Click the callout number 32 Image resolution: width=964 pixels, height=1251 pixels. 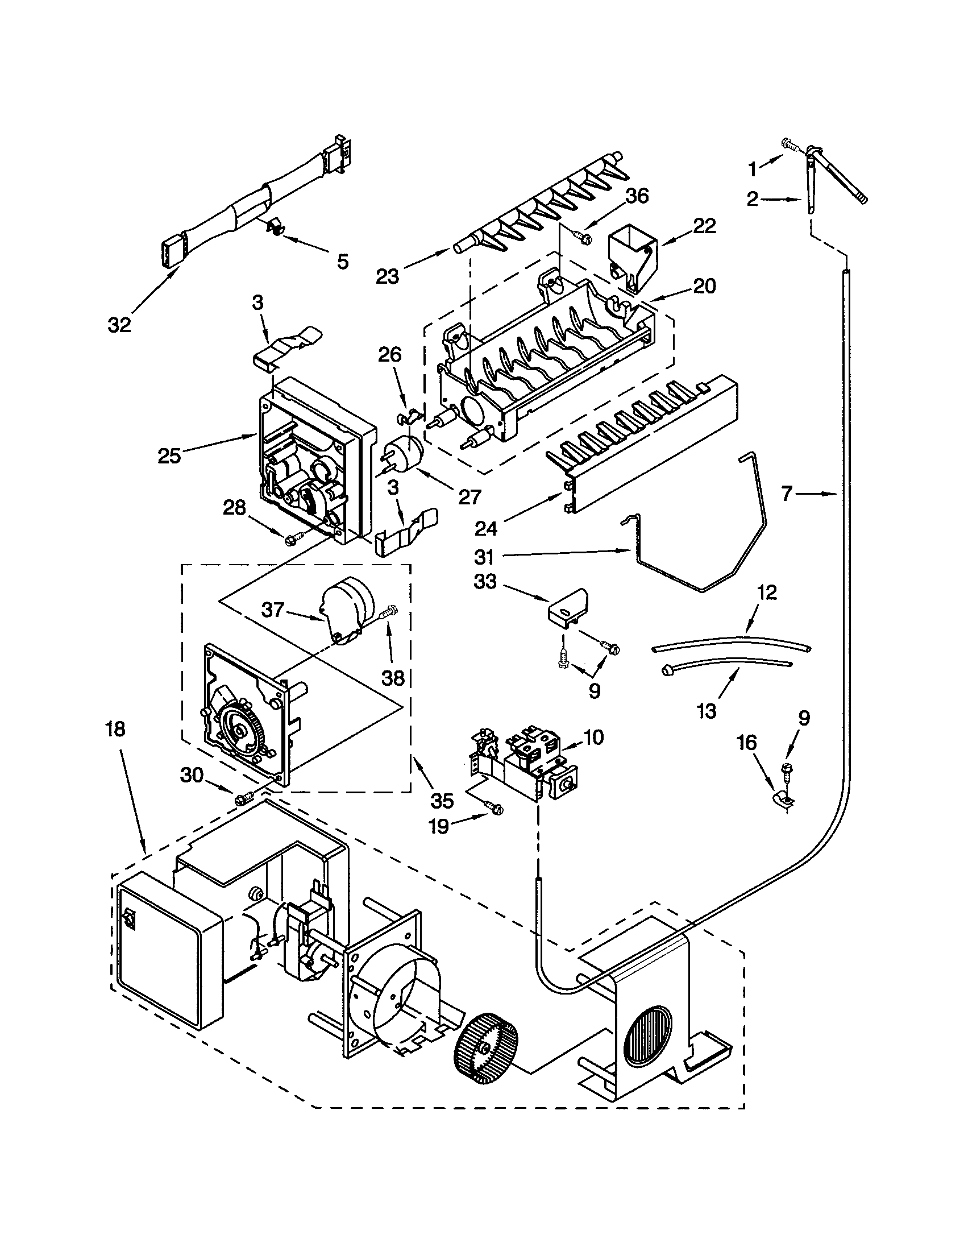pos(119,325)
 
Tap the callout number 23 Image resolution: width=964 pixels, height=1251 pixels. pos(388,276)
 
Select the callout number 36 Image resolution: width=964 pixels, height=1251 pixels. pos(637,196)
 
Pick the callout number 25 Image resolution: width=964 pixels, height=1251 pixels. pos(169,456)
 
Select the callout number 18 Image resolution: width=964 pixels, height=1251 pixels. pos(114,729)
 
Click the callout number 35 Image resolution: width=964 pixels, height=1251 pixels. pos(443,801)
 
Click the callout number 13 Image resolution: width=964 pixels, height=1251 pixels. pos(707,711)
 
